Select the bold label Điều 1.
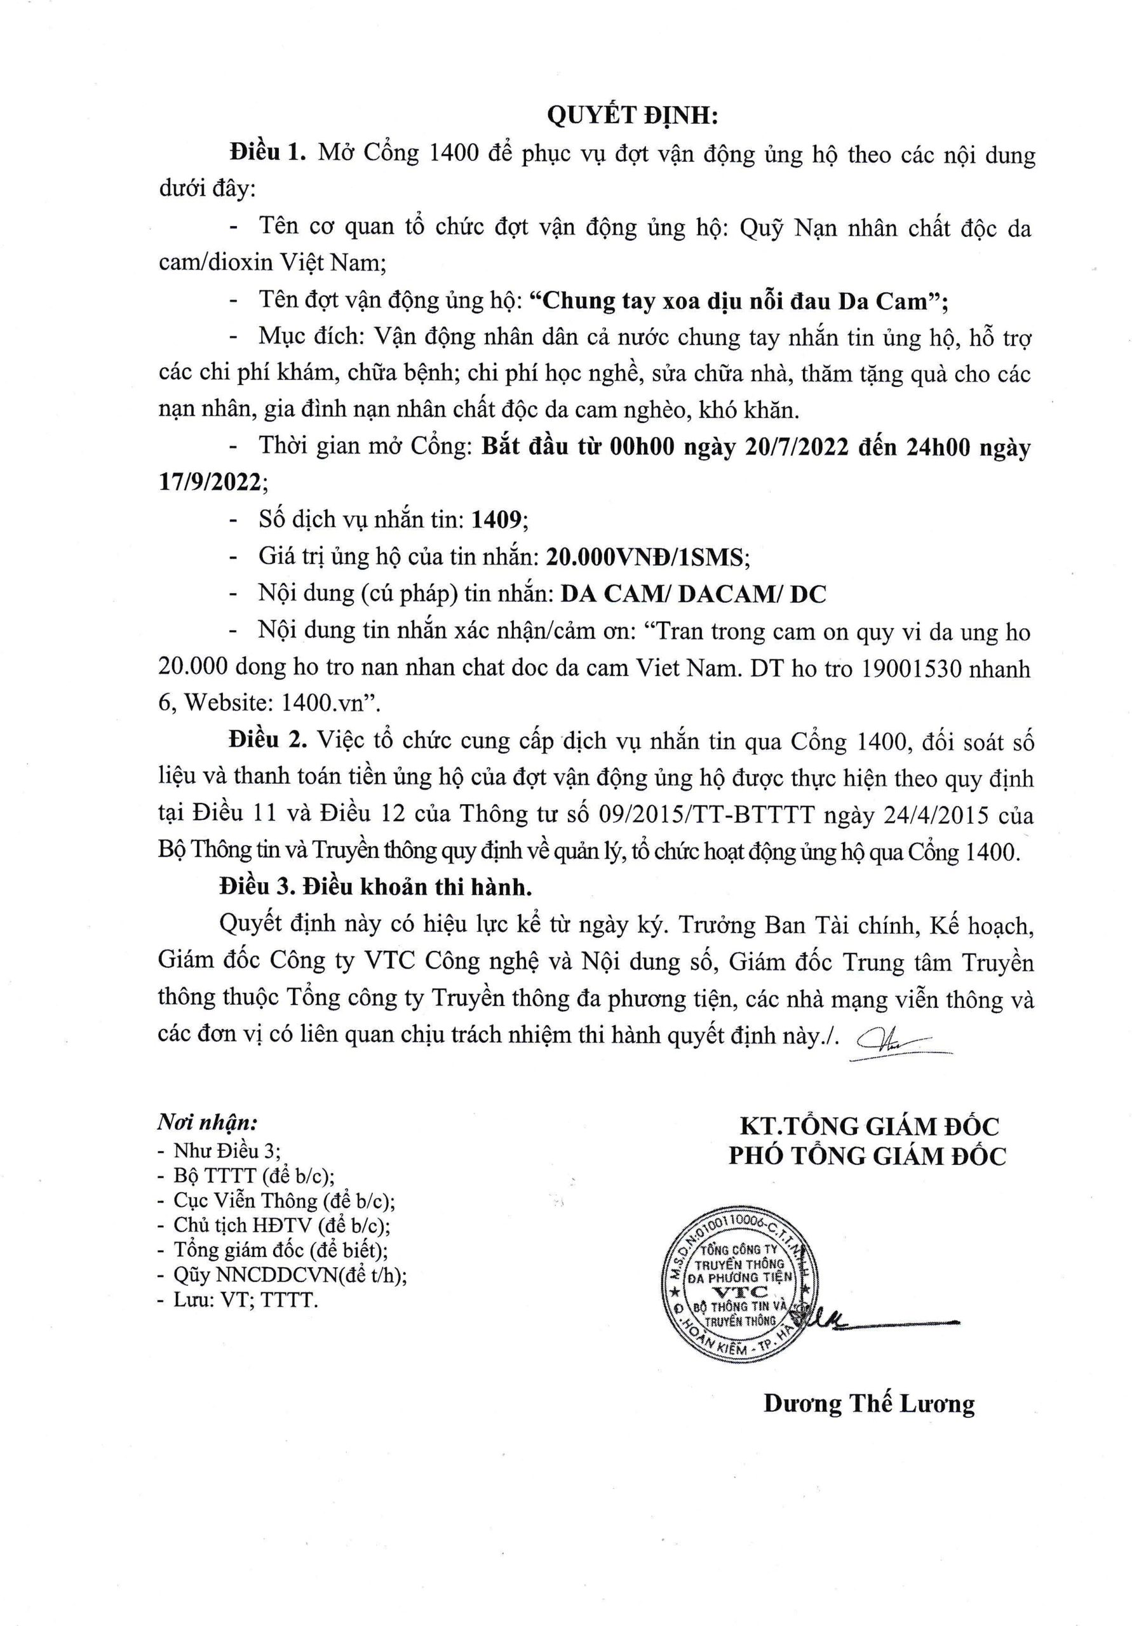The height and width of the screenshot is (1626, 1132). pos(266,153)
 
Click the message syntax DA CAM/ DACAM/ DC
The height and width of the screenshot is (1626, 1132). pos(694,593)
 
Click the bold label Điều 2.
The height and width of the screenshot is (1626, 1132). pos(266,741)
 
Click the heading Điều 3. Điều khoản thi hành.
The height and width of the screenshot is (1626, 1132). pos(375,888)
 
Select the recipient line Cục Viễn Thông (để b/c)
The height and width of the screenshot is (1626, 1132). pos(284,1201)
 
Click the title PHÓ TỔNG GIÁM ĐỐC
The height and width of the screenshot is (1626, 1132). pos(867,1156)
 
